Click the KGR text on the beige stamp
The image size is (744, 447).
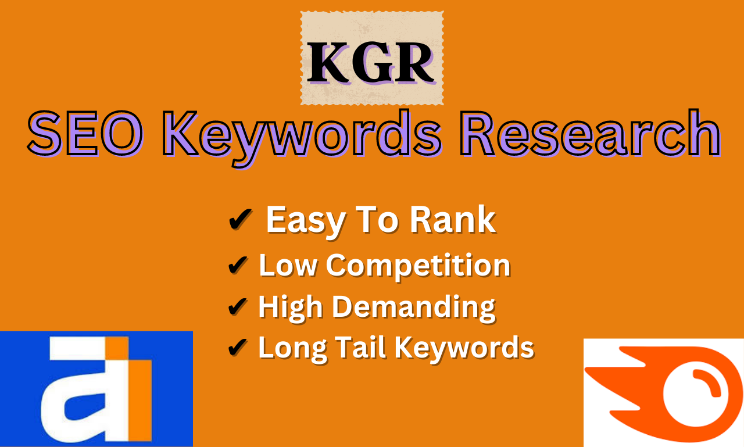371,63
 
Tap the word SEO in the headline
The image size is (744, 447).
85,134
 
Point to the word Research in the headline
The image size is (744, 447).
590,133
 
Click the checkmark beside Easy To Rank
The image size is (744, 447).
241,219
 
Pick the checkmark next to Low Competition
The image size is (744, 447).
238,265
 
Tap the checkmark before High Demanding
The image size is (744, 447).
238,306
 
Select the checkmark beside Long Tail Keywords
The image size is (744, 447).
238,348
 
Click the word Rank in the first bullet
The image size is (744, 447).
453,220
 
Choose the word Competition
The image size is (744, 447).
418,266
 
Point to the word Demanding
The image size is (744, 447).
414,308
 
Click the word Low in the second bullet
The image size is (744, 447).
288,265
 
